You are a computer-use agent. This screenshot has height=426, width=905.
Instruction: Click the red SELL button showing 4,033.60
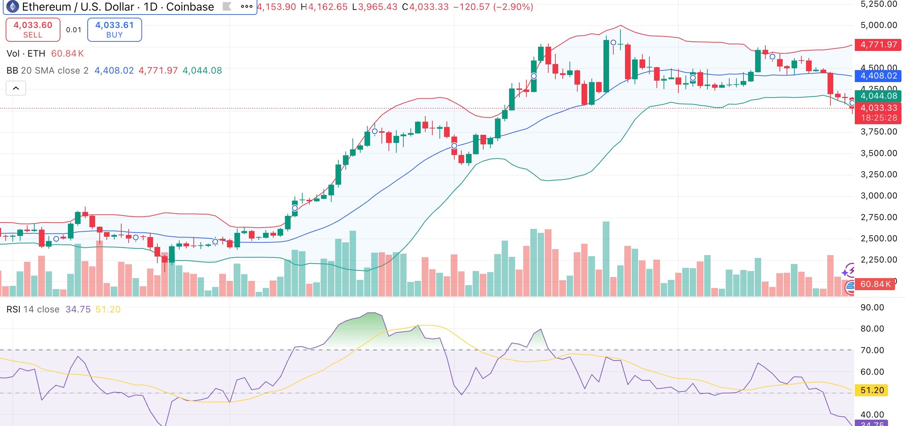click(x=33, y=30)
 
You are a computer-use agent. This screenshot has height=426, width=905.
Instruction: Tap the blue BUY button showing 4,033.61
click(x=115, y=30)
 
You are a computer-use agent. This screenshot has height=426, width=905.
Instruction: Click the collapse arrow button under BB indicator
click(x=16, y=88)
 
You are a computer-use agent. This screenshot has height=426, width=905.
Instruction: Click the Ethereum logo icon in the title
click(x=13, y=6)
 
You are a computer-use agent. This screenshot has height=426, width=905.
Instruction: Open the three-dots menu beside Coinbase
click(x=246, y=6)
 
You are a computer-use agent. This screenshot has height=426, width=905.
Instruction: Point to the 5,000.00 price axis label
click(x=878, y=25)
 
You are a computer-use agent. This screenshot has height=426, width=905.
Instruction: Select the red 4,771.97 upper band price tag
click(x=878, y=45)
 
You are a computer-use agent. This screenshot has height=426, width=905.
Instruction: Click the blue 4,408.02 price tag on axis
click(x=878, y=76)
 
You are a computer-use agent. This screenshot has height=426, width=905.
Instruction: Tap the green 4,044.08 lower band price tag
click(x=878, y=96)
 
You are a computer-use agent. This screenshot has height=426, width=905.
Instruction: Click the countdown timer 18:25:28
click(x=878, y=118)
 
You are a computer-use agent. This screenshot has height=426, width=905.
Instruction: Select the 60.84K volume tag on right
click(x=875, y=284)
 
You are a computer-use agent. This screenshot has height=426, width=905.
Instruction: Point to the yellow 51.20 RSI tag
click(x=872, y=390)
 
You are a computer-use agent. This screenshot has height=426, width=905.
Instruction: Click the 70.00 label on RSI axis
click(x=872, y=350)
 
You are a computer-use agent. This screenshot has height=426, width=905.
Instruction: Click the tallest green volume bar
click(x=606, y=258)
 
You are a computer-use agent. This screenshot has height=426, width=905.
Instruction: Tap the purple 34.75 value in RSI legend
click(x=78, y=309)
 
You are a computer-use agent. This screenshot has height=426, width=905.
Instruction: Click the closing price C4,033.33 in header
click(x=425, y=7)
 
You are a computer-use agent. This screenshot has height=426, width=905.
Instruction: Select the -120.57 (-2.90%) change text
click(x=493, y=7)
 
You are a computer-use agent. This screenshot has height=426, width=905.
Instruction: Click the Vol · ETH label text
click(x=26, y=53)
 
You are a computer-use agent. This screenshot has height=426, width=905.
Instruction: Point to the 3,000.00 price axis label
click(x=878, y=196)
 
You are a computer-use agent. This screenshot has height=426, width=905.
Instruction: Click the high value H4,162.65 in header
click(x=324, y=7)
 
